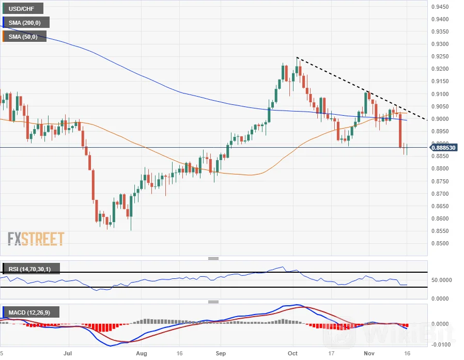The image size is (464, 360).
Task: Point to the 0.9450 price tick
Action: pyautogui.click(x=444, y=7)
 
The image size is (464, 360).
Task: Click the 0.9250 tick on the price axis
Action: pyautogui.click(x=444, y=57)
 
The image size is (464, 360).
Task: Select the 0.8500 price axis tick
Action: pyautogui.click(x=444, y=244)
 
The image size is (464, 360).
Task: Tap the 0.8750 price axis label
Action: pyautogui.click(x=444, y=181)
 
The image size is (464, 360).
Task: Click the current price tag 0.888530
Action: pyautogui.click(x=443, y=148)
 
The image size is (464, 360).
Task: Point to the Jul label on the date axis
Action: pyautogui.click(x=68, y=354)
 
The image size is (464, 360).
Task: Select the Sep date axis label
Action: pyautogui.click(x=221, y=354)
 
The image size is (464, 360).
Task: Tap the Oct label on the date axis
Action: pyautogui.click(x=293, y=354)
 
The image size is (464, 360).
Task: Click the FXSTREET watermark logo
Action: pyautogui.click(x=36, y=239)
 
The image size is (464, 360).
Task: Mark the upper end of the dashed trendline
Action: pyautogui.click(x=297, y=57)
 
